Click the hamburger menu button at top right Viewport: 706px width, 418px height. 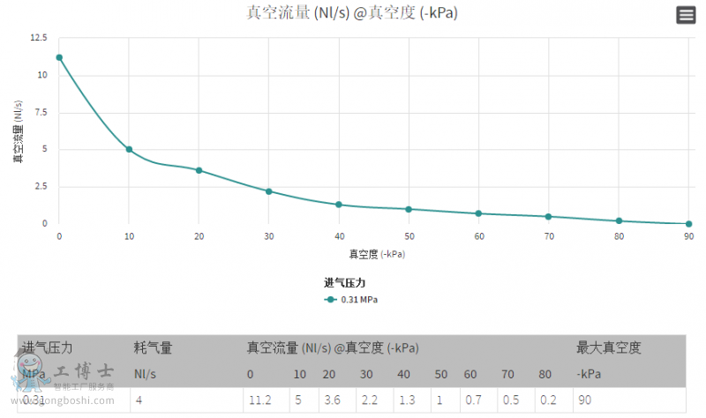tap(686, 15)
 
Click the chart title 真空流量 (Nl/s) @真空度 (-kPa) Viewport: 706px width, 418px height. tap(353, 13)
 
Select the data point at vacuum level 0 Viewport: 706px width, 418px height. tap(59, 57)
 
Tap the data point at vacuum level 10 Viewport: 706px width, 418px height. tap(129, 149)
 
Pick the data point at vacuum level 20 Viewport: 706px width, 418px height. tap(199, 170)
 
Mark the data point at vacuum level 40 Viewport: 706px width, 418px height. tap(339, 205)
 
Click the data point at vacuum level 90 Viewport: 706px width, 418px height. tap(688, 224)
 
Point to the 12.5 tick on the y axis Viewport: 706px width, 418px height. tap(38, 38)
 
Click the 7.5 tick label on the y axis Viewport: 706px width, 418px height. tap(41, 112)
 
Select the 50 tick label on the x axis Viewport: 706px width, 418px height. tap(409, 236)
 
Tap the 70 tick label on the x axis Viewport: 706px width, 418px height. tap(549, 236)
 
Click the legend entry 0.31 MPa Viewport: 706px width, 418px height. tap(352, 300)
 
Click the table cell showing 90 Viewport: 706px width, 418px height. tap(585, 400)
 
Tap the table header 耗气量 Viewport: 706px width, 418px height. tap(152, 348)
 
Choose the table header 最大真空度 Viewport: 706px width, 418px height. tap(608, 348)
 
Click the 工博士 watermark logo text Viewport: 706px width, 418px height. tap(84, 371)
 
